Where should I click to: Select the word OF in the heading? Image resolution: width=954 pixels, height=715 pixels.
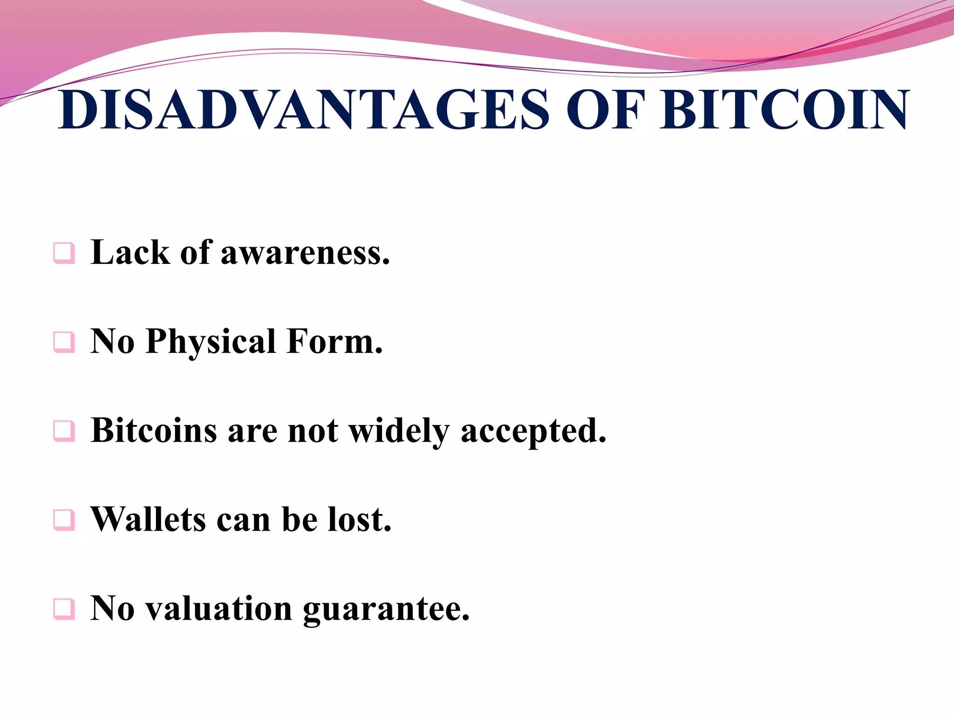click(606, 110)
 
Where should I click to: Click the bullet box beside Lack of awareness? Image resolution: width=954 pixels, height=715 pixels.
click(64, 253)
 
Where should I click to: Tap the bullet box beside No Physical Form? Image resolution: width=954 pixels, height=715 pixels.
click(64, 342)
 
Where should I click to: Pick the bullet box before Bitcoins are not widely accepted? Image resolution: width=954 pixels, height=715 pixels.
click(64, 431)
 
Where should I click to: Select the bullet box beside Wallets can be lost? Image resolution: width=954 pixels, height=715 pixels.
click(64, 520)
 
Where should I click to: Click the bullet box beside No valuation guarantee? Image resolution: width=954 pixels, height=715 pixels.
click(64, 609)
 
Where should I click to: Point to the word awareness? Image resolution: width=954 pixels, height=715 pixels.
click(305, 254)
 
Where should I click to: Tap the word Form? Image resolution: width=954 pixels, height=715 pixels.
click(334, 342)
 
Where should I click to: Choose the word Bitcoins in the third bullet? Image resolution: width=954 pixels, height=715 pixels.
click(154, 431)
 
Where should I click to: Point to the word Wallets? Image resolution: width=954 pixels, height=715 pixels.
click(148, 519)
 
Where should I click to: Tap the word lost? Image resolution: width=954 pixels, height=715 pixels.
click(359, 519)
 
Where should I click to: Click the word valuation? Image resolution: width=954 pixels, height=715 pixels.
click(219, 609)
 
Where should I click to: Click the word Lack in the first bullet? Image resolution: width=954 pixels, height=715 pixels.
click(130, 253)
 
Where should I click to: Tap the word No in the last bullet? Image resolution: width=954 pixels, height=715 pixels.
click(112, 609)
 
